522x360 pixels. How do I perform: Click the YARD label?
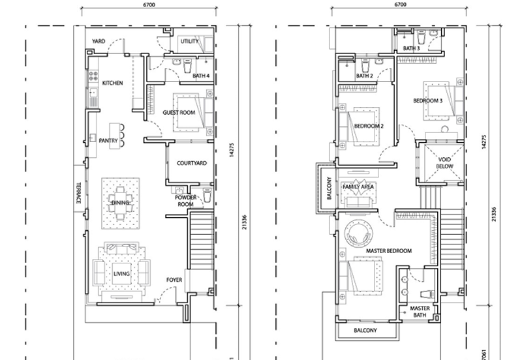[99, 41]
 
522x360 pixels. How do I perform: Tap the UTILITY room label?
[190, 41]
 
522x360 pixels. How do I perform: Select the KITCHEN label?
[112, 83]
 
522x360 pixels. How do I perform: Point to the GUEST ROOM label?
[179, 112]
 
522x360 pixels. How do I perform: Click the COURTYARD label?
[192, 163]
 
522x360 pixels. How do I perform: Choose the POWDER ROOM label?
[185, 201]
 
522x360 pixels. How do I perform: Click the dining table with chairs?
[120, 203]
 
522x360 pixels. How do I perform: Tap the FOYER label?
[174, 280]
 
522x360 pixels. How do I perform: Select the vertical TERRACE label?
[79, 192]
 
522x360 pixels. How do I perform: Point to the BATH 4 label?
[201, 76]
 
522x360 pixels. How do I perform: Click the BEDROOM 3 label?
[428, 100]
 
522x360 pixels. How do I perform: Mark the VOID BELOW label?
[444, 162]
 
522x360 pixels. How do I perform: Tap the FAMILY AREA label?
[358, 187]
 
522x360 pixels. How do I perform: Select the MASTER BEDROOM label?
[389, 250]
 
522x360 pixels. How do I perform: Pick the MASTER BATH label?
[420, 312]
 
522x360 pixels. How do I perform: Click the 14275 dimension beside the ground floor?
[232, 150]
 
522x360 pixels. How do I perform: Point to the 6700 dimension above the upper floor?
[400, 5]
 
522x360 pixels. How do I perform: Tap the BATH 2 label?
[365, 76]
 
